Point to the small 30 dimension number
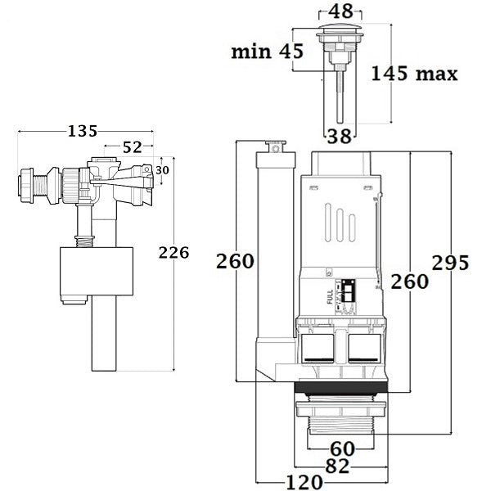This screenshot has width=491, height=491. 163,169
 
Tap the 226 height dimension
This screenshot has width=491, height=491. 173,253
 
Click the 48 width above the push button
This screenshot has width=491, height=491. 341,13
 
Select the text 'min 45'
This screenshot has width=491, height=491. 267,52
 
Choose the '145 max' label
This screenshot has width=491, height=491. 413,74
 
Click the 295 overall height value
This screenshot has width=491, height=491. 451,263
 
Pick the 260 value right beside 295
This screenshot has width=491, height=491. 409,281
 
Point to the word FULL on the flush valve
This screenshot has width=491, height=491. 330,296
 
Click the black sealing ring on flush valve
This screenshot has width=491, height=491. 339,390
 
